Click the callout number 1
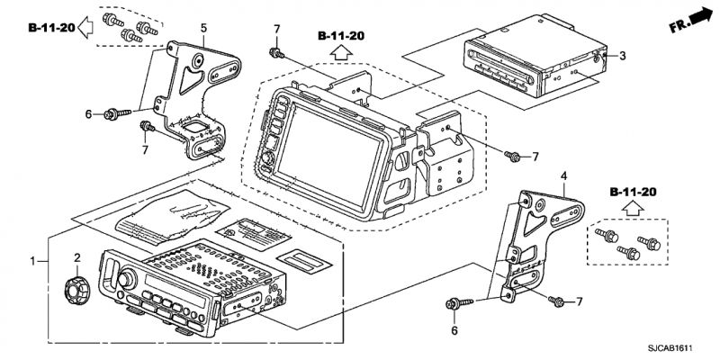(33, 261)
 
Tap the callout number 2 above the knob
(77, 258)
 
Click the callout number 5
(203, 29)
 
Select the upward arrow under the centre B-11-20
(341, 53)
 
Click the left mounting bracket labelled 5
(198, 99)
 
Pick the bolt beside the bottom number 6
(454, 306)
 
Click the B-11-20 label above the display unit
(340, 35)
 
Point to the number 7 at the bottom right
(580, 301)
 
